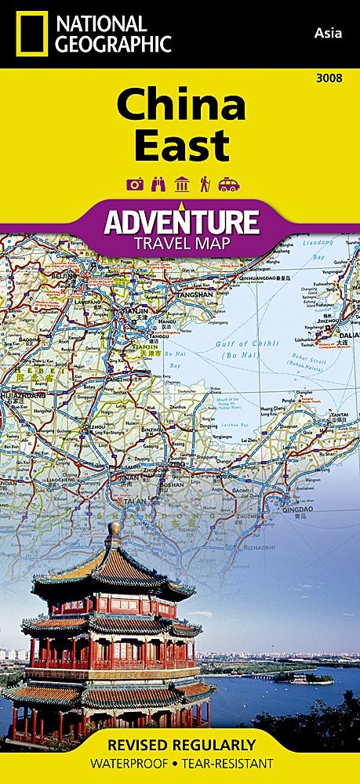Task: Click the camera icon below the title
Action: click(x=133, y=183)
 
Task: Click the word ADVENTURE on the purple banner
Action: click(x=180, y=221)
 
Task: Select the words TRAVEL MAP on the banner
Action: click(x=180, y=242)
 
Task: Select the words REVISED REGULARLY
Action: click(x=180, y=745)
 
